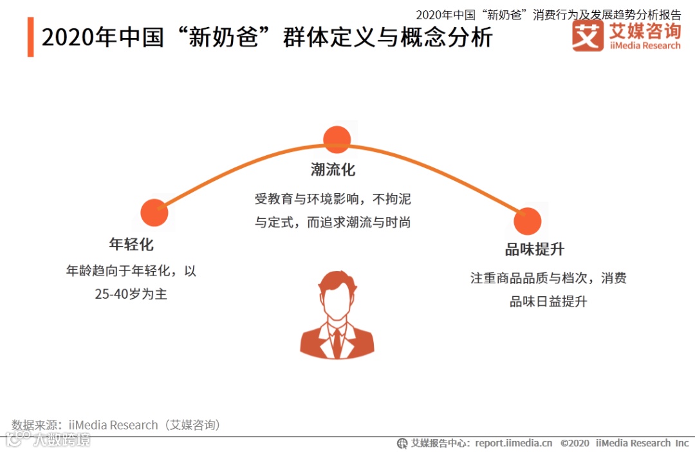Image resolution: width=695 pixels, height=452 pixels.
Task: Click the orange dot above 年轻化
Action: click(154, 213)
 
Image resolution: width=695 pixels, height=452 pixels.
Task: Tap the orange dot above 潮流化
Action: click(337, 140)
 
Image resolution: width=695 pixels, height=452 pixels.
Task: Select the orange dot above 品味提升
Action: click(528, 221)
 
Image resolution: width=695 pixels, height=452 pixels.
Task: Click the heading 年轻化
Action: click(131, 245)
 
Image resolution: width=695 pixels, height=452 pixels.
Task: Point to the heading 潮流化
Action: click(333, 170)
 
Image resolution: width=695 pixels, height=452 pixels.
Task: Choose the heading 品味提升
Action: click(534, 250)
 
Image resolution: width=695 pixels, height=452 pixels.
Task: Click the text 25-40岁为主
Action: click(131, 294)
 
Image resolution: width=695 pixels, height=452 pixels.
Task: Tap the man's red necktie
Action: click(337, 341)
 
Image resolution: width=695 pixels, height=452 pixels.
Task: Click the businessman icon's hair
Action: click(336, 281)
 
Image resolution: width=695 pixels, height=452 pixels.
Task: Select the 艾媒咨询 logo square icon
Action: click(588, 36)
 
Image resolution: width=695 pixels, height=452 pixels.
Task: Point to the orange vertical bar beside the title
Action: click(30, 37)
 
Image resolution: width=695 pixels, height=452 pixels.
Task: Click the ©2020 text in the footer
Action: click(575, 443)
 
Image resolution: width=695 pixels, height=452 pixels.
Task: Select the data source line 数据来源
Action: click(116, 425)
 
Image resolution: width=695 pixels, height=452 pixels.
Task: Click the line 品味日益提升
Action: click(548, 301)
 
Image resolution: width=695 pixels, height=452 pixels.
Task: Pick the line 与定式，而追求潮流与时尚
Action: click(333, 222)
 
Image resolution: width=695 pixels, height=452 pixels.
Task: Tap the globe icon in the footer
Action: click(402, 443)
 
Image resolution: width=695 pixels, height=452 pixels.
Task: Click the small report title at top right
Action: click(548, 15)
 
